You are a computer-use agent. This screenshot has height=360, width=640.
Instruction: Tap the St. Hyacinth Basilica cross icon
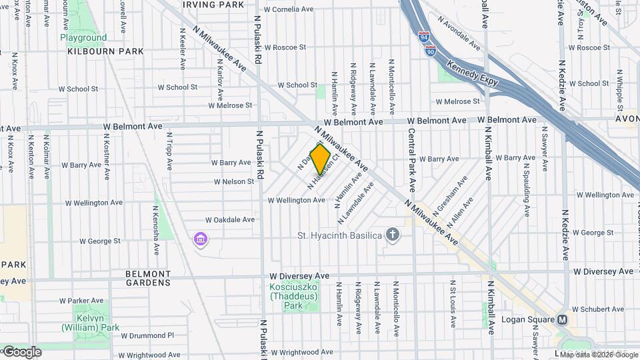point(393,235)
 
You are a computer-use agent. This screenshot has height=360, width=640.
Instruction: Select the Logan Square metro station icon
point(563,320)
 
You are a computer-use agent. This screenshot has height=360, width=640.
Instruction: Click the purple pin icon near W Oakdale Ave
point(199,238)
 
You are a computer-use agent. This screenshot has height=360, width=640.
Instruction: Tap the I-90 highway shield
point(431,50)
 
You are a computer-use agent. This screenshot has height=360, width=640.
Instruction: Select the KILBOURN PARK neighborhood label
point(105,51)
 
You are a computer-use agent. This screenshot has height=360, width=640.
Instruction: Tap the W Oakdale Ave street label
point(230,219)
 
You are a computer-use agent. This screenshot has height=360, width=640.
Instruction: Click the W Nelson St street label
point(234,181)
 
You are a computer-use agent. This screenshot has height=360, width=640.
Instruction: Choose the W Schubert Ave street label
point(597,309)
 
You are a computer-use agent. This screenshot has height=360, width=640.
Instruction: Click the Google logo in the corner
point(22,351)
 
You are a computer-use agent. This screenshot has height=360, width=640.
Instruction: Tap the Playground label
point(83,38)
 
